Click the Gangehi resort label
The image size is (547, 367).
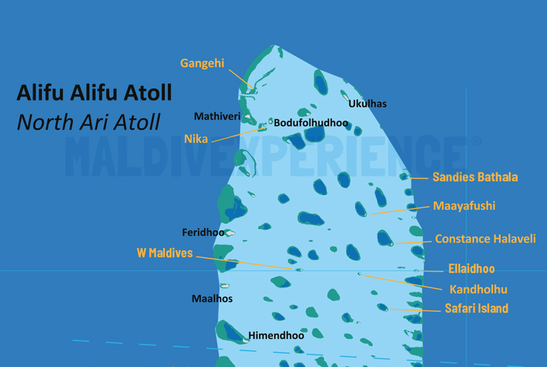pos(202,64)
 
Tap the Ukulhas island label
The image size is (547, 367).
pos(367,104)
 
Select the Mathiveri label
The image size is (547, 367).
pos(217,117)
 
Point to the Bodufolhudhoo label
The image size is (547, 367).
pos(310,123)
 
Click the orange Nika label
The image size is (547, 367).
pos(196,139)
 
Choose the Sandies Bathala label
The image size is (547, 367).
pos(475,177)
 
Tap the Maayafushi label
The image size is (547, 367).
pos(464,206)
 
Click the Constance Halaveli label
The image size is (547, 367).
pos(485,239)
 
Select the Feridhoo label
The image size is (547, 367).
pos(203,232)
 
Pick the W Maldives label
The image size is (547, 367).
pos(165,253)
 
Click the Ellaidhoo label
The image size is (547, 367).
pos(471,269)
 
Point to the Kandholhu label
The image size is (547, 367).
pos(478,290)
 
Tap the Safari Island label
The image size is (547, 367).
pos(476,309)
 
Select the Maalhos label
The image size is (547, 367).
pos(212,299)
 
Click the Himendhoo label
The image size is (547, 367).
pos(276,336)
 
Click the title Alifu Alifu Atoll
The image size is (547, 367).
pos(94,93)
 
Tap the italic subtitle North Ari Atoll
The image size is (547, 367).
pos(89,121)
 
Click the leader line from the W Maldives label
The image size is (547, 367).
pos(246,263)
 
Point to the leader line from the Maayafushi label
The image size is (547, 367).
pos(402,210)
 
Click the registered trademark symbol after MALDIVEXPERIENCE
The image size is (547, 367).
pos(476,141)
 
